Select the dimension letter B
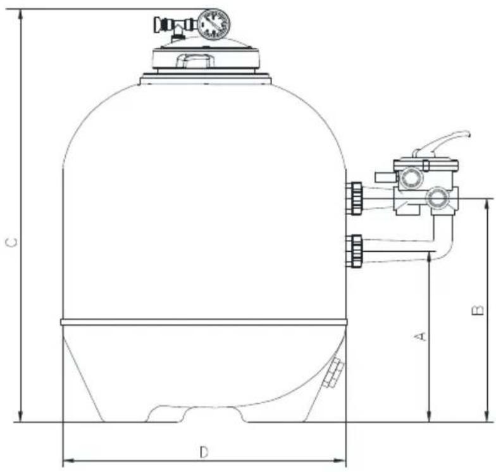point(478,311)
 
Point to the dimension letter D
point(204,452)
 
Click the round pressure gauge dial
point(213,23)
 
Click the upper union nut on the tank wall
point(354,199)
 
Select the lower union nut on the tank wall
point(354,251)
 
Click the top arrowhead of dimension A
point(430,256)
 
